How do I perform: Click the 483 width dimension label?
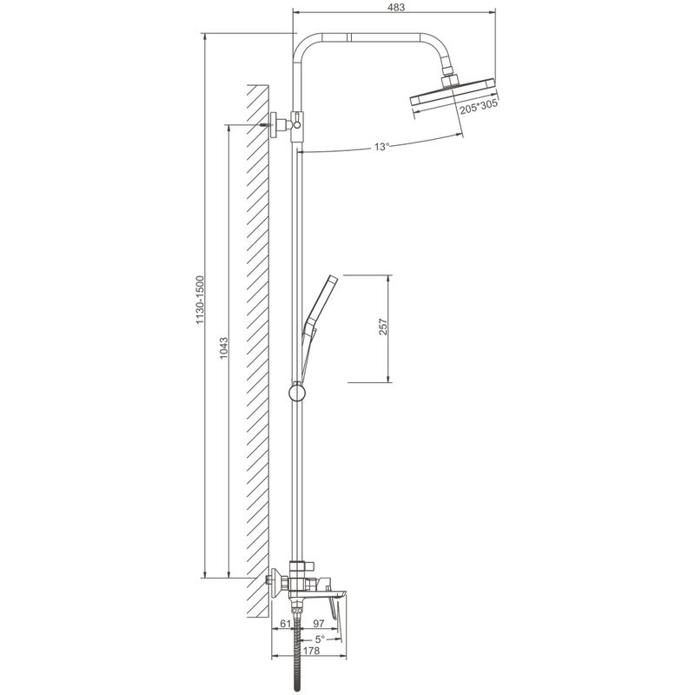click(x=396, y=7)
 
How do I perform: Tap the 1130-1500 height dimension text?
click(x=201, y=299)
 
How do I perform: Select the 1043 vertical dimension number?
click(x=224, y=348)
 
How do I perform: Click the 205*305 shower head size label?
click(x=479, y=107)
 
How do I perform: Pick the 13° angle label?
click(x=381, y=147)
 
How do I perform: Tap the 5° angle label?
click(x=320, y=639)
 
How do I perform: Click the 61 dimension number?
click(x=286, y=624)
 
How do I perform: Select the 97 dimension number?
click(x=319, y=624)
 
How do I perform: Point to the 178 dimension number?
click(x=312, y=651)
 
